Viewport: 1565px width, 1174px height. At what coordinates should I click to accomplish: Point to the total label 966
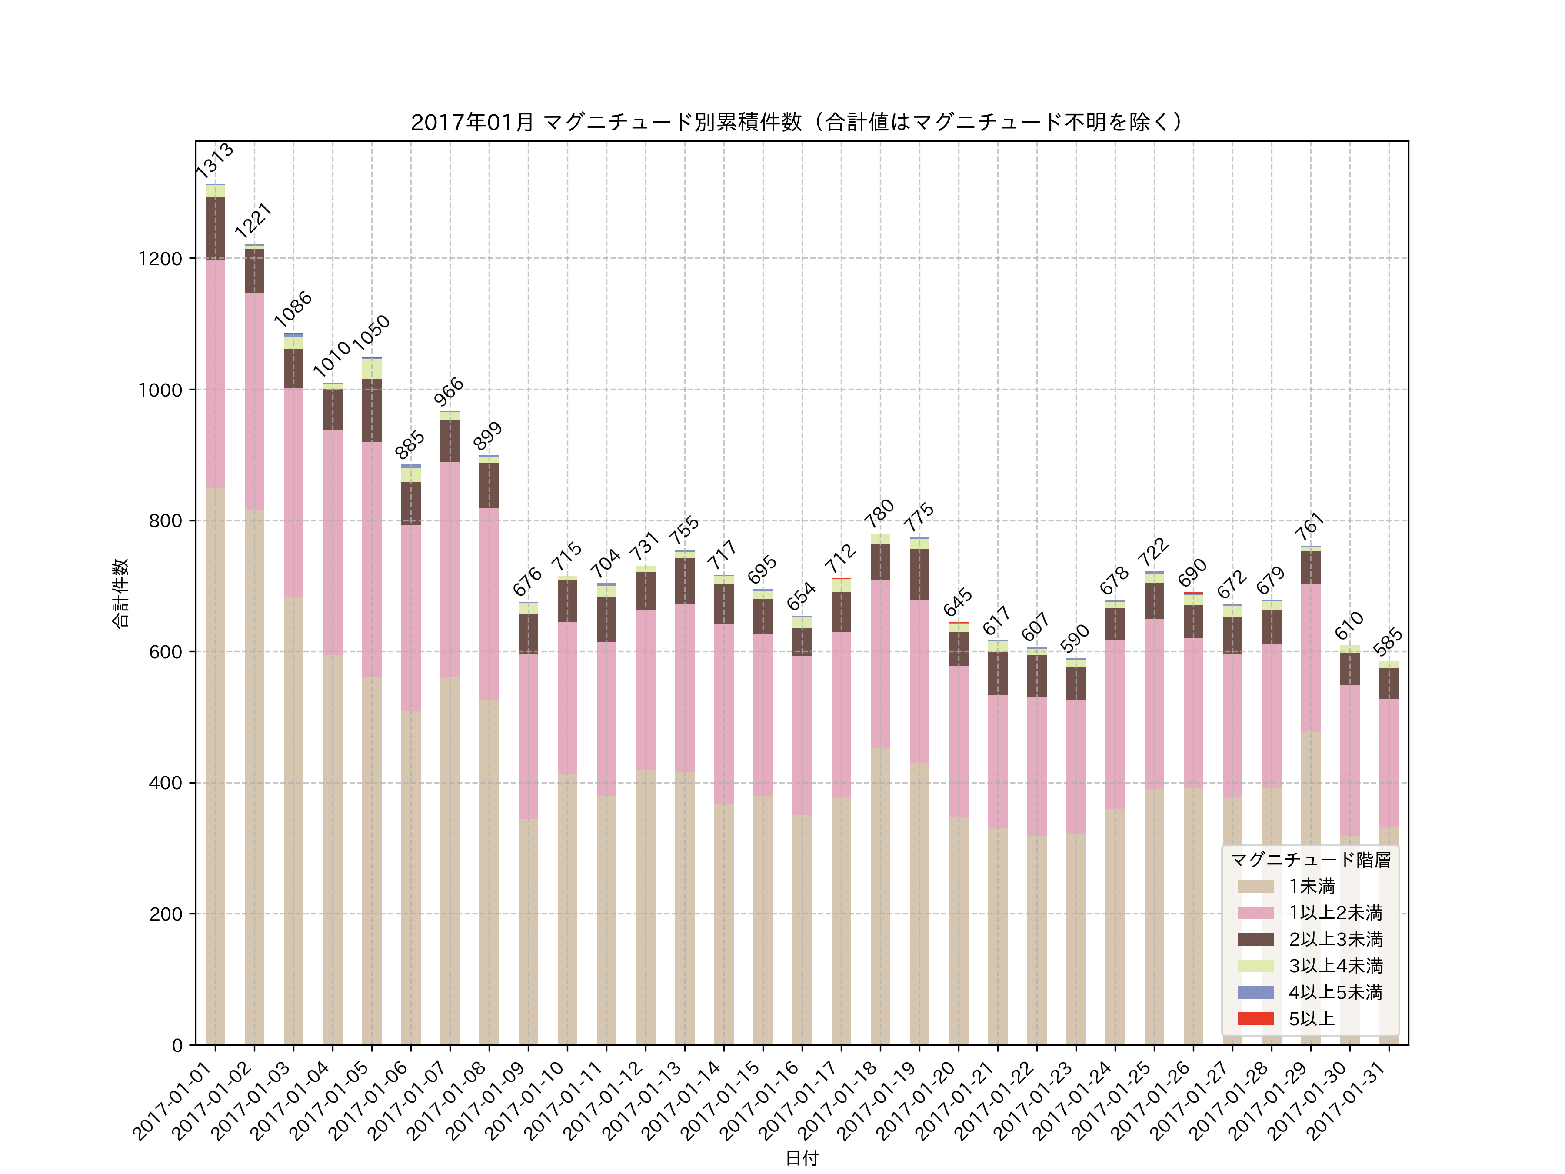click(x=449, y=391)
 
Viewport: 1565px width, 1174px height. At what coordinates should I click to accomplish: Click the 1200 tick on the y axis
click(x=160, y=259)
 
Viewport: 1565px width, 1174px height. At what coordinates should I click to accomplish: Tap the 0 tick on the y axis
click(x=177, y=1045)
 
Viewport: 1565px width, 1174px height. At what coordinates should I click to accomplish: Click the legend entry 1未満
click(x=1311, y=886)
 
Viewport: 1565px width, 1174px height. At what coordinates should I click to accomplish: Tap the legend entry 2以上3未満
click(x=1335, y=939)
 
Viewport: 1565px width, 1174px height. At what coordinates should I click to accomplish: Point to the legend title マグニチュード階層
click(x=1310, y=860)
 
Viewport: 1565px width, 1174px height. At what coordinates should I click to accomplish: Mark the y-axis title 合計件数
click(x=120, y=593)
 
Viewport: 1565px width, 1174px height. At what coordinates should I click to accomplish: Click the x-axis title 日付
click(x=802, y=1158)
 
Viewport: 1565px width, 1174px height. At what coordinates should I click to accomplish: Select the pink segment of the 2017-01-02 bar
click(x=254, y=401)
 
